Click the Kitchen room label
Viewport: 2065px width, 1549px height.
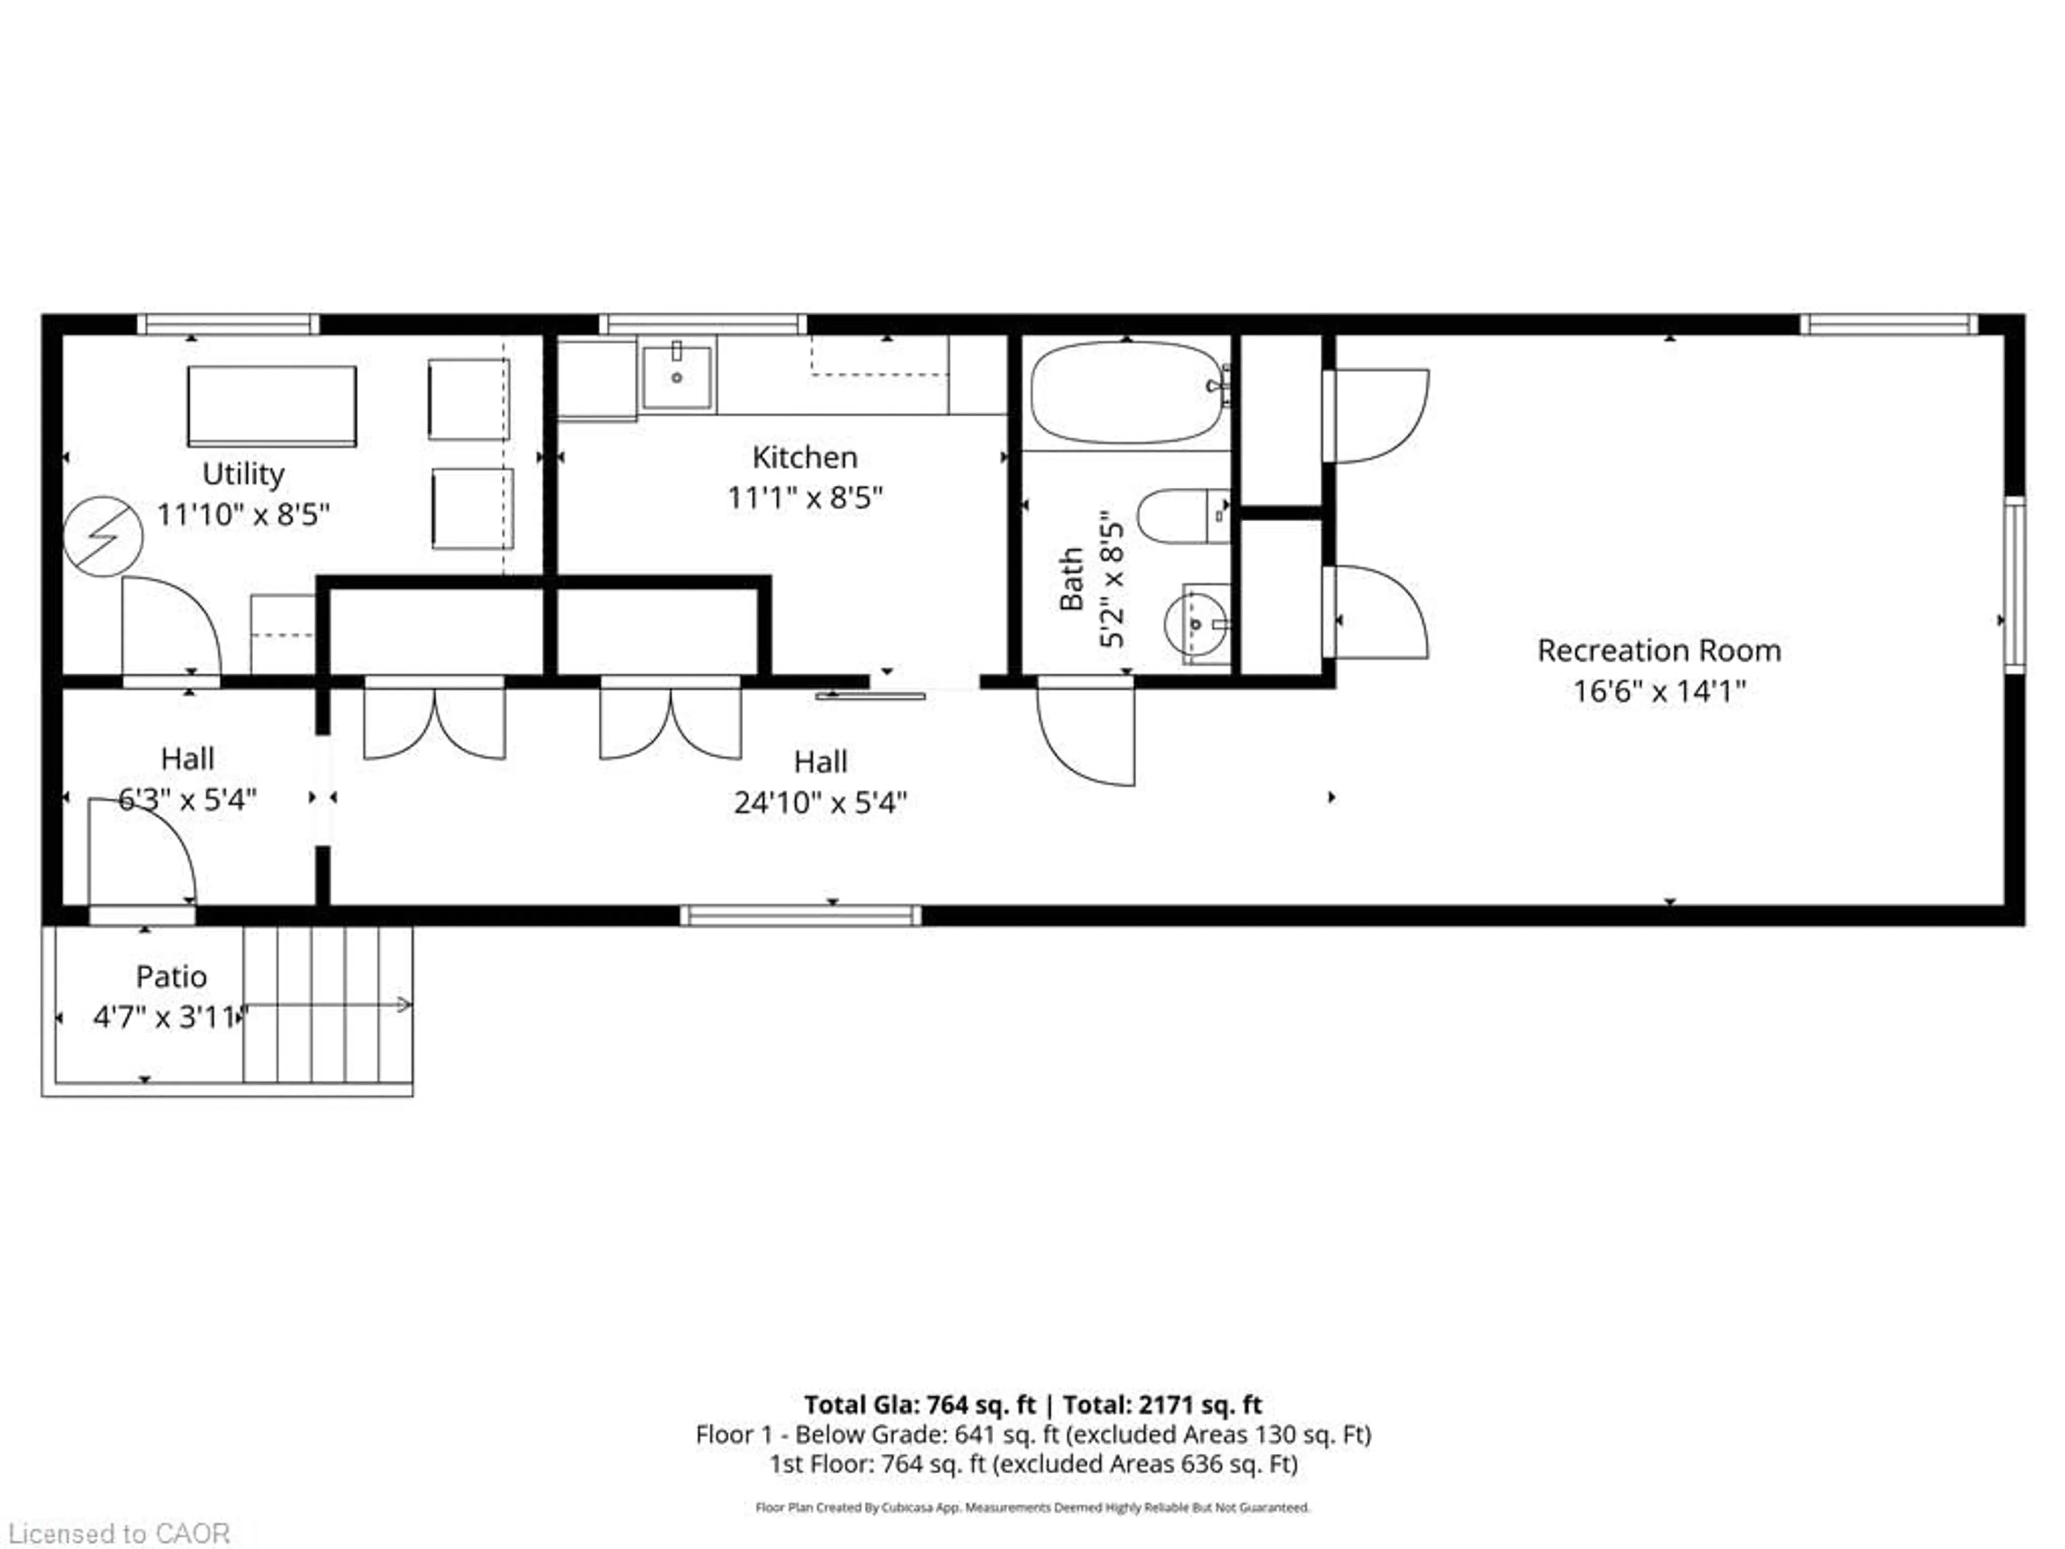point(804,458)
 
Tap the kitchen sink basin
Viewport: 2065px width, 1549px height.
point(677,377)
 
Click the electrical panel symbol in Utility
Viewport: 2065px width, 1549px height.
point(103,536)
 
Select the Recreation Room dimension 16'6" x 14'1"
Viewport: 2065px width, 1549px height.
point(1659,692)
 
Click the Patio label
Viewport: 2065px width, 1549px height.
point(171,977)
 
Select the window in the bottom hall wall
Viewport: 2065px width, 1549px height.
point(800,915)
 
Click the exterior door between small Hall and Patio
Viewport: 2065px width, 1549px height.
point(142,915)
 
